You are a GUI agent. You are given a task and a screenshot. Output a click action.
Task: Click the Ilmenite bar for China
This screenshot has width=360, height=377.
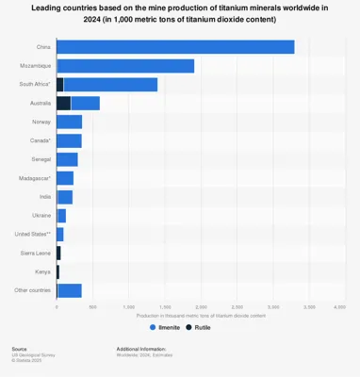[175, 47]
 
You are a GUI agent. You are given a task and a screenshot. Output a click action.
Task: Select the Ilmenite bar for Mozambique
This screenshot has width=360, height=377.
[125, 66]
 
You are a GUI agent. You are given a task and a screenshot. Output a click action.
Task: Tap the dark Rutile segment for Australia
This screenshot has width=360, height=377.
[63, 103]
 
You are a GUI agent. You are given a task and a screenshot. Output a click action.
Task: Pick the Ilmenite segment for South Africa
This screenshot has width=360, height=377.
[110, 85]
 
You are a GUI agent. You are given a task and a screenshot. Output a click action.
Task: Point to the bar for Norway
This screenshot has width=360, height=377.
[69, 122]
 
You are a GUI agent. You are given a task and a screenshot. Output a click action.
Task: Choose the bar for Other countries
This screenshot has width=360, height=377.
[69, 290]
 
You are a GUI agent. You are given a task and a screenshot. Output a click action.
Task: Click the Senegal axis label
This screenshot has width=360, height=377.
[41, 159]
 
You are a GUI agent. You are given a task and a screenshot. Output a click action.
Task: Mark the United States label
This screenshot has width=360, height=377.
[33, 234]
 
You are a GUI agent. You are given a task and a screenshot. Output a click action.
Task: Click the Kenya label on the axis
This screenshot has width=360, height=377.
[43, 271]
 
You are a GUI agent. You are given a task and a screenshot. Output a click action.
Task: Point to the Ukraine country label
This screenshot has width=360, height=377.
[41, 215]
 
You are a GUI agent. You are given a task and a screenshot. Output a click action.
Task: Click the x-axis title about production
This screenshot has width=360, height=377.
[198, 314]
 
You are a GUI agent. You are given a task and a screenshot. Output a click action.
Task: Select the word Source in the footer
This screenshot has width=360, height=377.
[19, 348]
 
